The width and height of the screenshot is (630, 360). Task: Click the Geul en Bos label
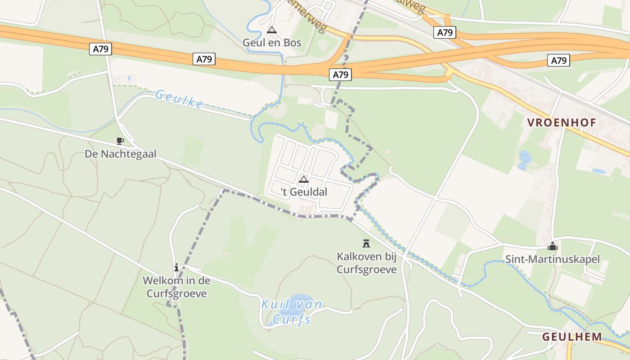[x=272, y=43]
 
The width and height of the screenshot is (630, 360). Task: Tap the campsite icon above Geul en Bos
[x=271, y=30]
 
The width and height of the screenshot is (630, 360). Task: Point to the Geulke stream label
[x=179, y=99]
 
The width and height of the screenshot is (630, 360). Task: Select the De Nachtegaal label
[x=121, y=154]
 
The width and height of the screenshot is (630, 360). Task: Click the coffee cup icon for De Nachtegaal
[x=120, y=141]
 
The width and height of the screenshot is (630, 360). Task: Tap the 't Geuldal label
[x=304, y=192]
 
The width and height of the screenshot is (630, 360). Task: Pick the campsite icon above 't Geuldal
[x=304, y=180]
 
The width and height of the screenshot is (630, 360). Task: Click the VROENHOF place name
[x=562, y=122]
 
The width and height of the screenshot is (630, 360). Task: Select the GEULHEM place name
[x=572, y=337]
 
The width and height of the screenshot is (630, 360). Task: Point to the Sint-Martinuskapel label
[x=553, y=259]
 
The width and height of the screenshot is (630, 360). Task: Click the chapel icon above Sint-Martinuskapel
[x=553, y=246]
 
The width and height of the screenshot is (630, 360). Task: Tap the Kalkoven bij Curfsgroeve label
[x=367, y=263]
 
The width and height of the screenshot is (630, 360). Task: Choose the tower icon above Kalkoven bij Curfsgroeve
[x=366, y=243]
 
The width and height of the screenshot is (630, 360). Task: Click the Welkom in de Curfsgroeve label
[x=176, y=287]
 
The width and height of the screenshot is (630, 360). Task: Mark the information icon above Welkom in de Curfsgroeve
[x=176, y=268]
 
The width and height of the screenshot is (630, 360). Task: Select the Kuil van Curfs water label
[x=292, y=311]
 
